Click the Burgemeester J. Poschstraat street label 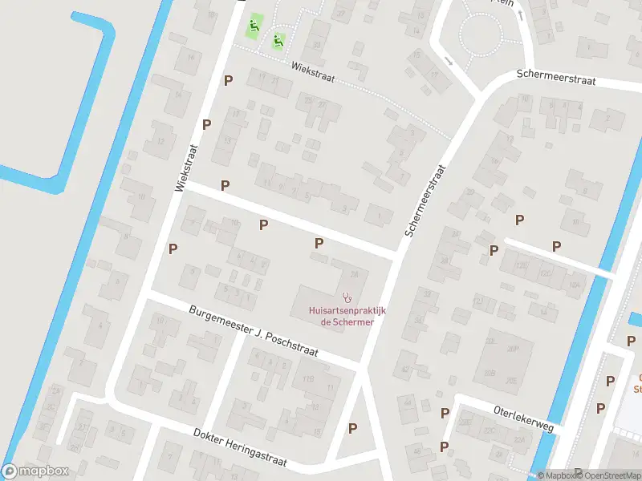click(254, 331)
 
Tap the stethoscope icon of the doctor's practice click(347, 297)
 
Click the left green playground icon click(255, 26)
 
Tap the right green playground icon click(278, 40)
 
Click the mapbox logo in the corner click(35, 471)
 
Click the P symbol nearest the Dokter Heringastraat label click(353, 428)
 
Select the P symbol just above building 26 click(319, 243)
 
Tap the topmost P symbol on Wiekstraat click(229, 80)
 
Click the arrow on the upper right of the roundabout click(522, 15)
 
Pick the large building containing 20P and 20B click(503, 361)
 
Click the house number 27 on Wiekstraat click(323, 103)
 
